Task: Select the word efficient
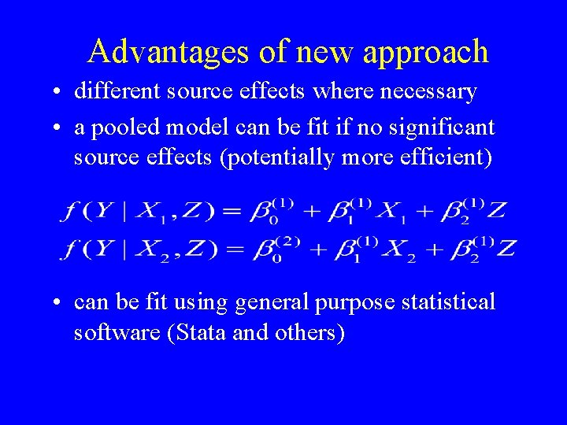[447, 157]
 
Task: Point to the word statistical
[449, 301]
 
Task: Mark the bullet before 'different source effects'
[59, 92]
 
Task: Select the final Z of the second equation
[506, 249]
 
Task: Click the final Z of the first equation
[497, 210]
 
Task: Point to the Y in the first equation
[106, 211]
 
